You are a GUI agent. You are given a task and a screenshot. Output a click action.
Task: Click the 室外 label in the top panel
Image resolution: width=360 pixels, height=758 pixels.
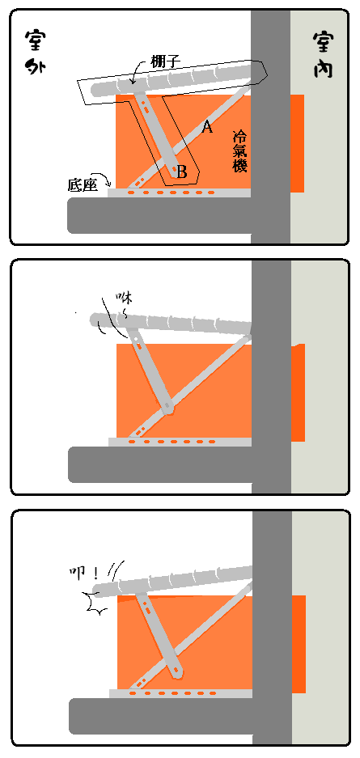(35, 52)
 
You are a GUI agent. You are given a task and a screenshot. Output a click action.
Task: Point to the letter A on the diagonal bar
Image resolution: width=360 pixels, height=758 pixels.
(207, 127)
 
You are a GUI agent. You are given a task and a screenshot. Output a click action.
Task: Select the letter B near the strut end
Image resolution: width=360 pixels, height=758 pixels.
(182, 172)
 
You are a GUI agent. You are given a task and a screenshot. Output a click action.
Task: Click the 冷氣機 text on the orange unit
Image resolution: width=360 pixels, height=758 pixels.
(239, 150)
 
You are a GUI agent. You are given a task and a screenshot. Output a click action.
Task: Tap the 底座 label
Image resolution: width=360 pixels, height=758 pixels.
(83, 185)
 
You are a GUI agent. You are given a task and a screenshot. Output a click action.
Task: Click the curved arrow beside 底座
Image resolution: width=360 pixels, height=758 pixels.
(105, 180)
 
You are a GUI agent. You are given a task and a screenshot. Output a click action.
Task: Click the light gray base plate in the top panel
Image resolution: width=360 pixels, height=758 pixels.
(180, 193)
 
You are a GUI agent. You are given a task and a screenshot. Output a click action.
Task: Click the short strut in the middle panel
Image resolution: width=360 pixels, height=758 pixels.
(150, 370)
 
